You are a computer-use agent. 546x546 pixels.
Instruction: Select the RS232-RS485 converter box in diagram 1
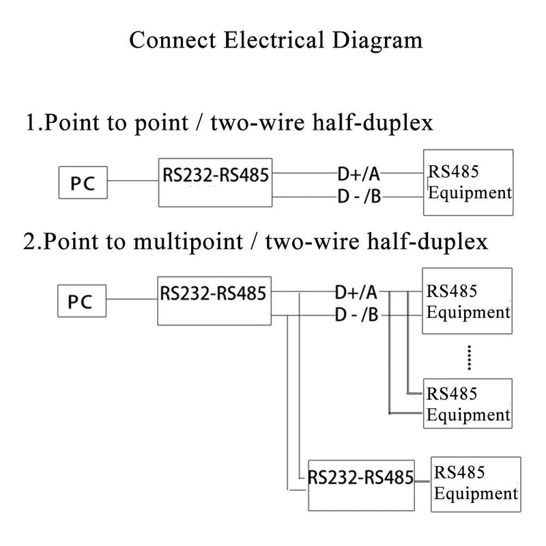(x=214, y=180)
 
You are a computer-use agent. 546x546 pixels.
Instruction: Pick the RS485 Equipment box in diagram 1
(x=468, y=183)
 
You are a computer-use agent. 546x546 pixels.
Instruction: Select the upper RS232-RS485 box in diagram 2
(x=214, y=300)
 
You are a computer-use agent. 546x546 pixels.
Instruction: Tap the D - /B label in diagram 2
(x=356, y=315)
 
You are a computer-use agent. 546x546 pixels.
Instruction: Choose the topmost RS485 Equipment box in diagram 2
(x=468, y=301)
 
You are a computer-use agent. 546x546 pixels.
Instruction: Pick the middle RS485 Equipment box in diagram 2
(x=468, y=403)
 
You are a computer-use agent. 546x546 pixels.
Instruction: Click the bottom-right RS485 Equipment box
(x=476, y=483)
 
